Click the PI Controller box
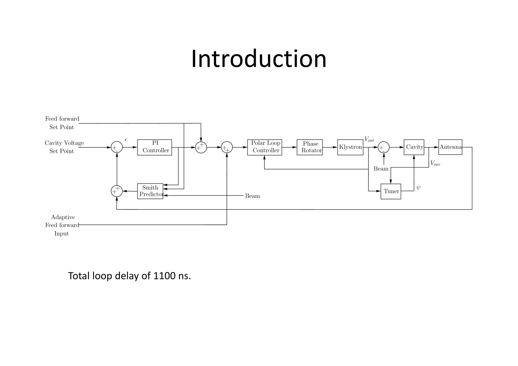point(155,147)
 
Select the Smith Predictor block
point(150,191)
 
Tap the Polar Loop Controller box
point(265,147)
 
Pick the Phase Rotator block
point(310,147)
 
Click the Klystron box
point(350,147)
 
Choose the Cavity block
point(414,147)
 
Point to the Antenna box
point(450,147)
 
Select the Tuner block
point(391,191)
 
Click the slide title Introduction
point(259,59)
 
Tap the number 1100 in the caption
point(164,276)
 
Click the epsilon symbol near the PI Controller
point(126,140)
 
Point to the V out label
point(369,139)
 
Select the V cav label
point(435,163)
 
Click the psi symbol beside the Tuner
point(418,187)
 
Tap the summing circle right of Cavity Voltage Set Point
point(117,147)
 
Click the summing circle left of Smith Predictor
point(117,191)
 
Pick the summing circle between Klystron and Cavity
point(383,147)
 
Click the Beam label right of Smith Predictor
point(252,196)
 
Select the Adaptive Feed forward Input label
point(62,225)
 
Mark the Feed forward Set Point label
point(62,123)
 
